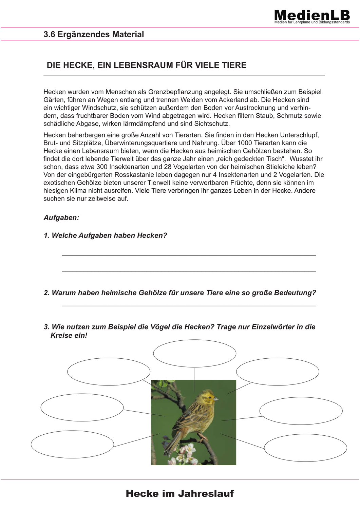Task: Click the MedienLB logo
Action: (x=312, y=16)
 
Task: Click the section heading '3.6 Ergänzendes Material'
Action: (x=94, y=34)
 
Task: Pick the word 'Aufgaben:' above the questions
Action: (x=61, y=218)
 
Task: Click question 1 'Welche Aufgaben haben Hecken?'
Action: (x=105, y=235)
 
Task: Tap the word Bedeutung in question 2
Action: (x=295, y=293)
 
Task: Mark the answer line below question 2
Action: (x=189, y=306)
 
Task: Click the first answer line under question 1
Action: (x=189, y=254)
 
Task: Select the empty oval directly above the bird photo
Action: (x=194, y=353)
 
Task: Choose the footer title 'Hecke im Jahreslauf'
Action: (x=180, y=493)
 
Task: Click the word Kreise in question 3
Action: (x=61, y=336)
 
